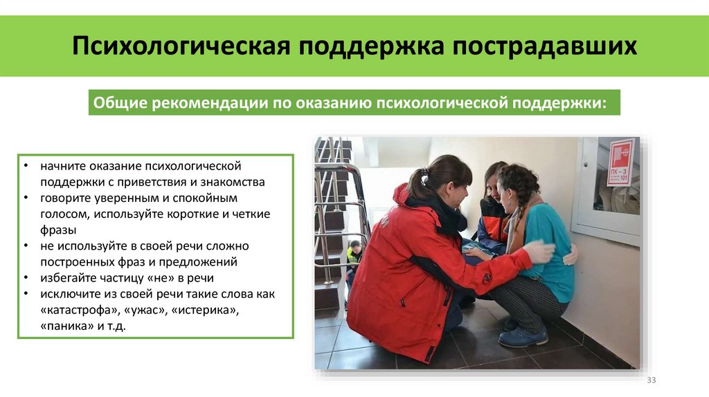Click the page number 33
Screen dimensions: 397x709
(651, 381)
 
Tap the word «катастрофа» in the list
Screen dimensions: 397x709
(75, 310)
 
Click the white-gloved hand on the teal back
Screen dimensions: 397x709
(539, 251)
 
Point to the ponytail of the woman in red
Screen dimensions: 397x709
(418, 182)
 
